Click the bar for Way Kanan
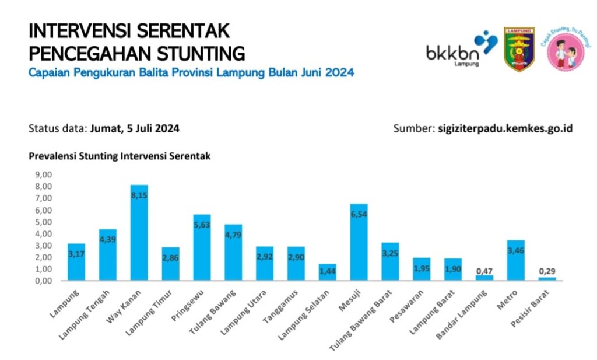(x=139, y=233)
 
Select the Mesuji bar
(x=359, y=242)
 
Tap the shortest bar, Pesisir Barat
(x=547, y=278)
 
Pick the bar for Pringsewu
(x=202, y=247)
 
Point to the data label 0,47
(x=484, y=271)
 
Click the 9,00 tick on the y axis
(x=44, y=174)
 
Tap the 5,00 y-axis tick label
(x=44, y=222)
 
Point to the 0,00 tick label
(x=44, y=281)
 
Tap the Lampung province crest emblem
(x=519, y=49)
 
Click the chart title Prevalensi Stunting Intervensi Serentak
(x=120, y=156)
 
